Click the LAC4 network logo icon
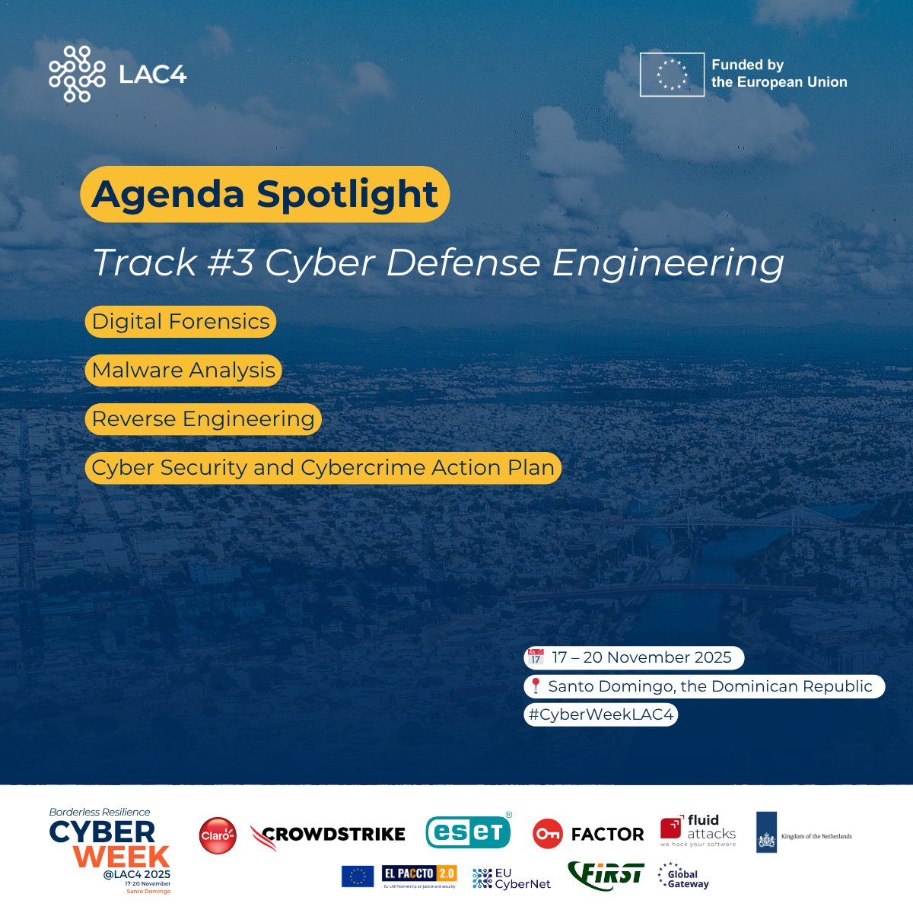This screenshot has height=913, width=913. coord(77,74)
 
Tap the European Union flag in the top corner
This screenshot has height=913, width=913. coord(672,75)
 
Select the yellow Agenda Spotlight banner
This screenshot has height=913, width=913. coord(265,194)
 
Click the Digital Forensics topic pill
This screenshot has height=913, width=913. coord(180,322)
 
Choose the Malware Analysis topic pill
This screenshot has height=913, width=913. coord(183,371)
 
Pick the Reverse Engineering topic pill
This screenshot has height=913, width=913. coord(203,419)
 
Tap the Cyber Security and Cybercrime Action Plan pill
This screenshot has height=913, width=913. coord(323,468)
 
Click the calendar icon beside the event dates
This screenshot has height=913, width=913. coord(536,657)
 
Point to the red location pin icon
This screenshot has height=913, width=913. coord(536,686)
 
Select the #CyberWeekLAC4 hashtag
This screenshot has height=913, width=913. coord(600,715)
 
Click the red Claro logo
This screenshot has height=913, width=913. coord(218,835)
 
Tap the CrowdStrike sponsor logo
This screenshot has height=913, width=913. coord(328,835)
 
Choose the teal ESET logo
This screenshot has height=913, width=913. coord(468,832)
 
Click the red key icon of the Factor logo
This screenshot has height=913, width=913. coord(547,835)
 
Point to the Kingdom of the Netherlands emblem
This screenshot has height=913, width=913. coord(766,833)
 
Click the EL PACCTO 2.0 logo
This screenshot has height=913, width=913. coord(418,875)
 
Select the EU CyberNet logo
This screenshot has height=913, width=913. coord(511,878)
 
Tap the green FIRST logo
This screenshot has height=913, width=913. coord(606,876)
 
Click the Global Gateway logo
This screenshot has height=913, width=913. coord(682,876)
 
